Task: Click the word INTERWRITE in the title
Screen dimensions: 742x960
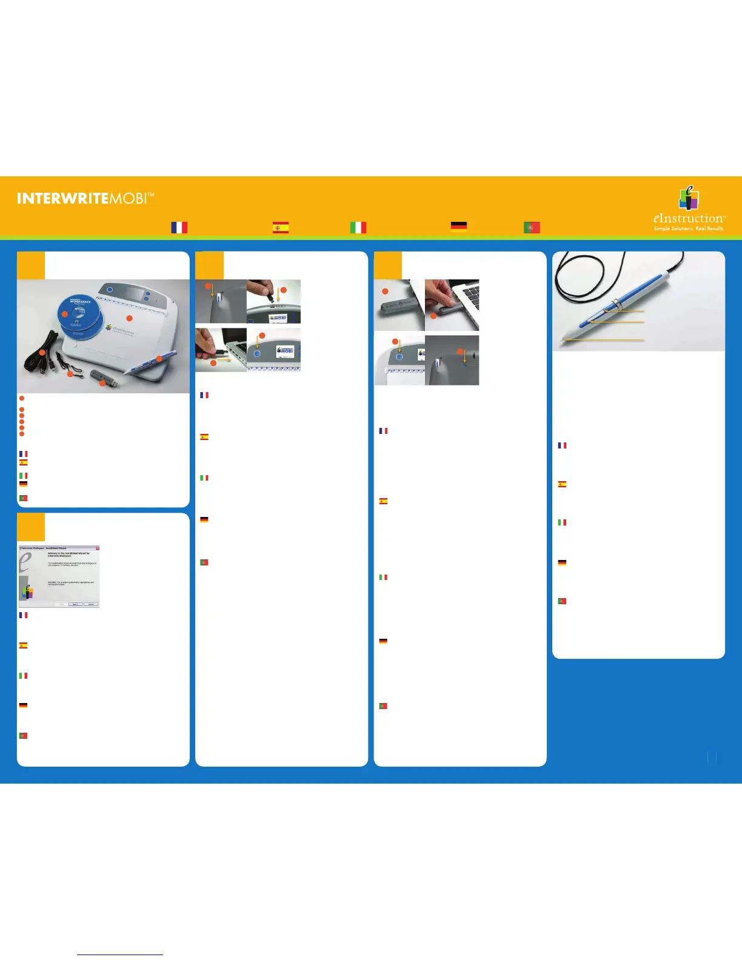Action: [x=63, y=198]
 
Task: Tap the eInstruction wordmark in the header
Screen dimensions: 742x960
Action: [x=688, y=218]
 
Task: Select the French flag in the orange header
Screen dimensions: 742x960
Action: [x=179, y=227]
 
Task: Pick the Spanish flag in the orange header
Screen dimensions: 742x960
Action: [x=280, y=227]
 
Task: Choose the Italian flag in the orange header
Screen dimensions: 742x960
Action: [x=358, y=227]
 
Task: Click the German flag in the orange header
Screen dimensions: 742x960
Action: [x=458, y=227]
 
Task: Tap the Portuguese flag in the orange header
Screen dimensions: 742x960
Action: [x=532, y=227]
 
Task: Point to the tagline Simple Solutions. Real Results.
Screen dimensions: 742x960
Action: [x=689, y=229]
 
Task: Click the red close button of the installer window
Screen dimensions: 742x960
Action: [x=97, y=548]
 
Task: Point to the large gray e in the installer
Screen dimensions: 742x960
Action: [x=25, y=562]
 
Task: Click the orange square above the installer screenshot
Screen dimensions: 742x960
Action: [x=31, y=527]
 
